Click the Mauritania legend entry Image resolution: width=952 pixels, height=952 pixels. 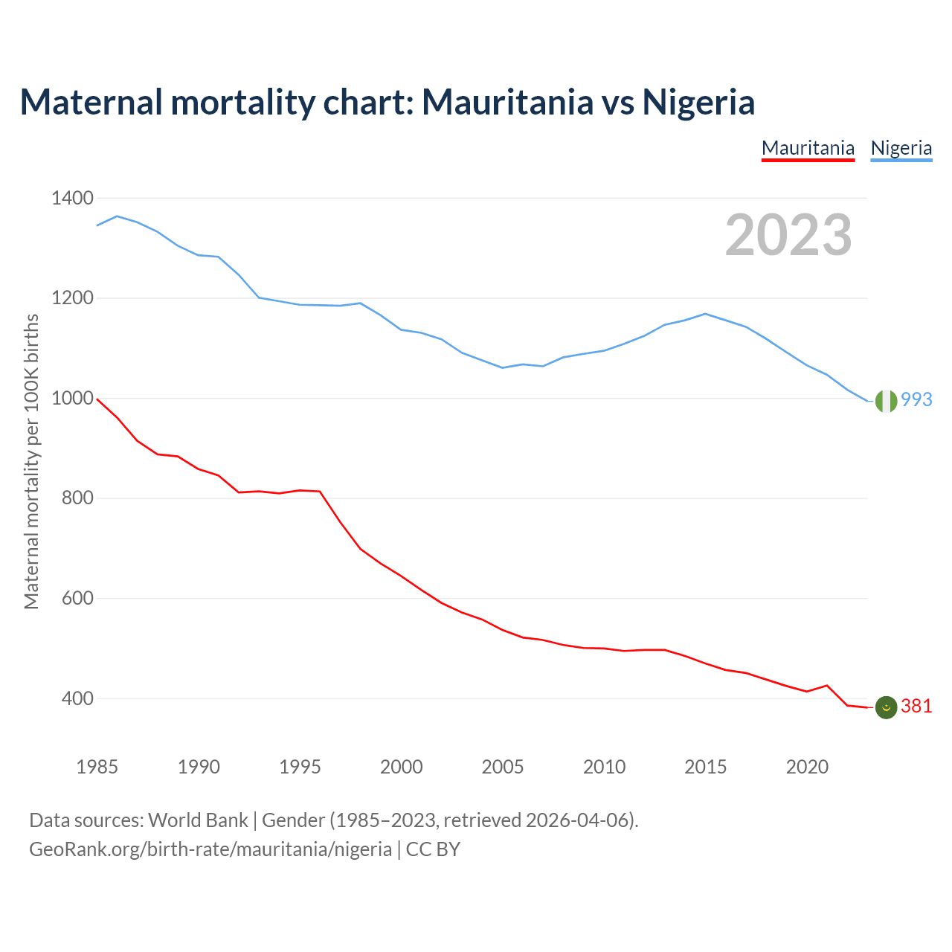click(808, 148)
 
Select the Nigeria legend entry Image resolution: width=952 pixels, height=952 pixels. click(901, 148)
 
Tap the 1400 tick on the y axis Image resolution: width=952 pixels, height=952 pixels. click(72, 199)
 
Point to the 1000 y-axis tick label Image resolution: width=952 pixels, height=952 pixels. click(72, 399)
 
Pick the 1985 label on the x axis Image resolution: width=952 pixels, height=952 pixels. click(97, 767)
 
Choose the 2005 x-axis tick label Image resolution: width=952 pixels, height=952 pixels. click(503, 767)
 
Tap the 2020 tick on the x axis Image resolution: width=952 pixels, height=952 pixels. click(807, 767)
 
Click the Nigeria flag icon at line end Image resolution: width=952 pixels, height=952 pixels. click(886, 400)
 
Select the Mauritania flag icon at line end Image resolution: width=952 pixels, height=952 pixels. click(886, 707)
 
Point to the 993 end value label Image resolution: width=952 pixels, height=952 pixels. click(916, 400)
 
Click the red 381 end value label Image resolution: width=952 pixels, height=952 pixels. click(916, 707)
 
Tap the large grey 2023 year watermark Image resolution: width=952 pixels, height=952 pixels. click(788, 235)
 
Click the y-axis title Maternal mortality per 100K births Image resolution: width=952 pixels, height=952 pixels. click(31, 462)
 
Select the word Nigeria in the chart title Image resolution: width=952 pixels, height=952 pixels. click(698, 102)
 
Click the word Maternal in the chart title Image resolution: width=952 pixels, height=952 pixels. click(91, 102)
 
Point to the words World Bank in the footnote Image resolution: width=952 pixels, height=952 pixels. click(198, 820)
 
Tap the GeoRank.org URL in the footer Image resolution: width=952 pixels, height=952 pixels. click(210, 849)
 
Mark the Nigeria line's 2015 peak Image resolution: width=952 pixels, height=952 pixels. click(705, 314)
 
